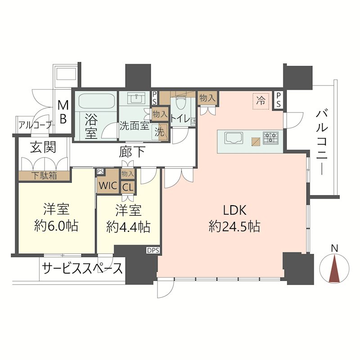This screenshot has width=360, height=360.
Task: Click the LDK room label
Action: click(x=234, y=210)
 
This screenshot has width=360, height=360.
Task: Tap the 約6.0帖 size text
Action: click(x=56, y=225)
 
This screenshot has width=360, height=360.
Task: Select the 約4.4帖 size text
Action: click(x=128, y=226)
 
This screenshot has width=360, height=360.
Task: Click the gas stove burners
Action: click(x=271, y=137)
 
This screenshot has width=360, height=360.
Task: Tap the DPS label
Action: click(x=152, y=250)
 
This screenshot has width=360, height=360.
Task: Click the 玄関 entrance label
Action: click(x=43, y=147)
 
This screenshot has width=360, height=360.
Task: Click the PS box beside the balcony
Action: click(x=279, y=100)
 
